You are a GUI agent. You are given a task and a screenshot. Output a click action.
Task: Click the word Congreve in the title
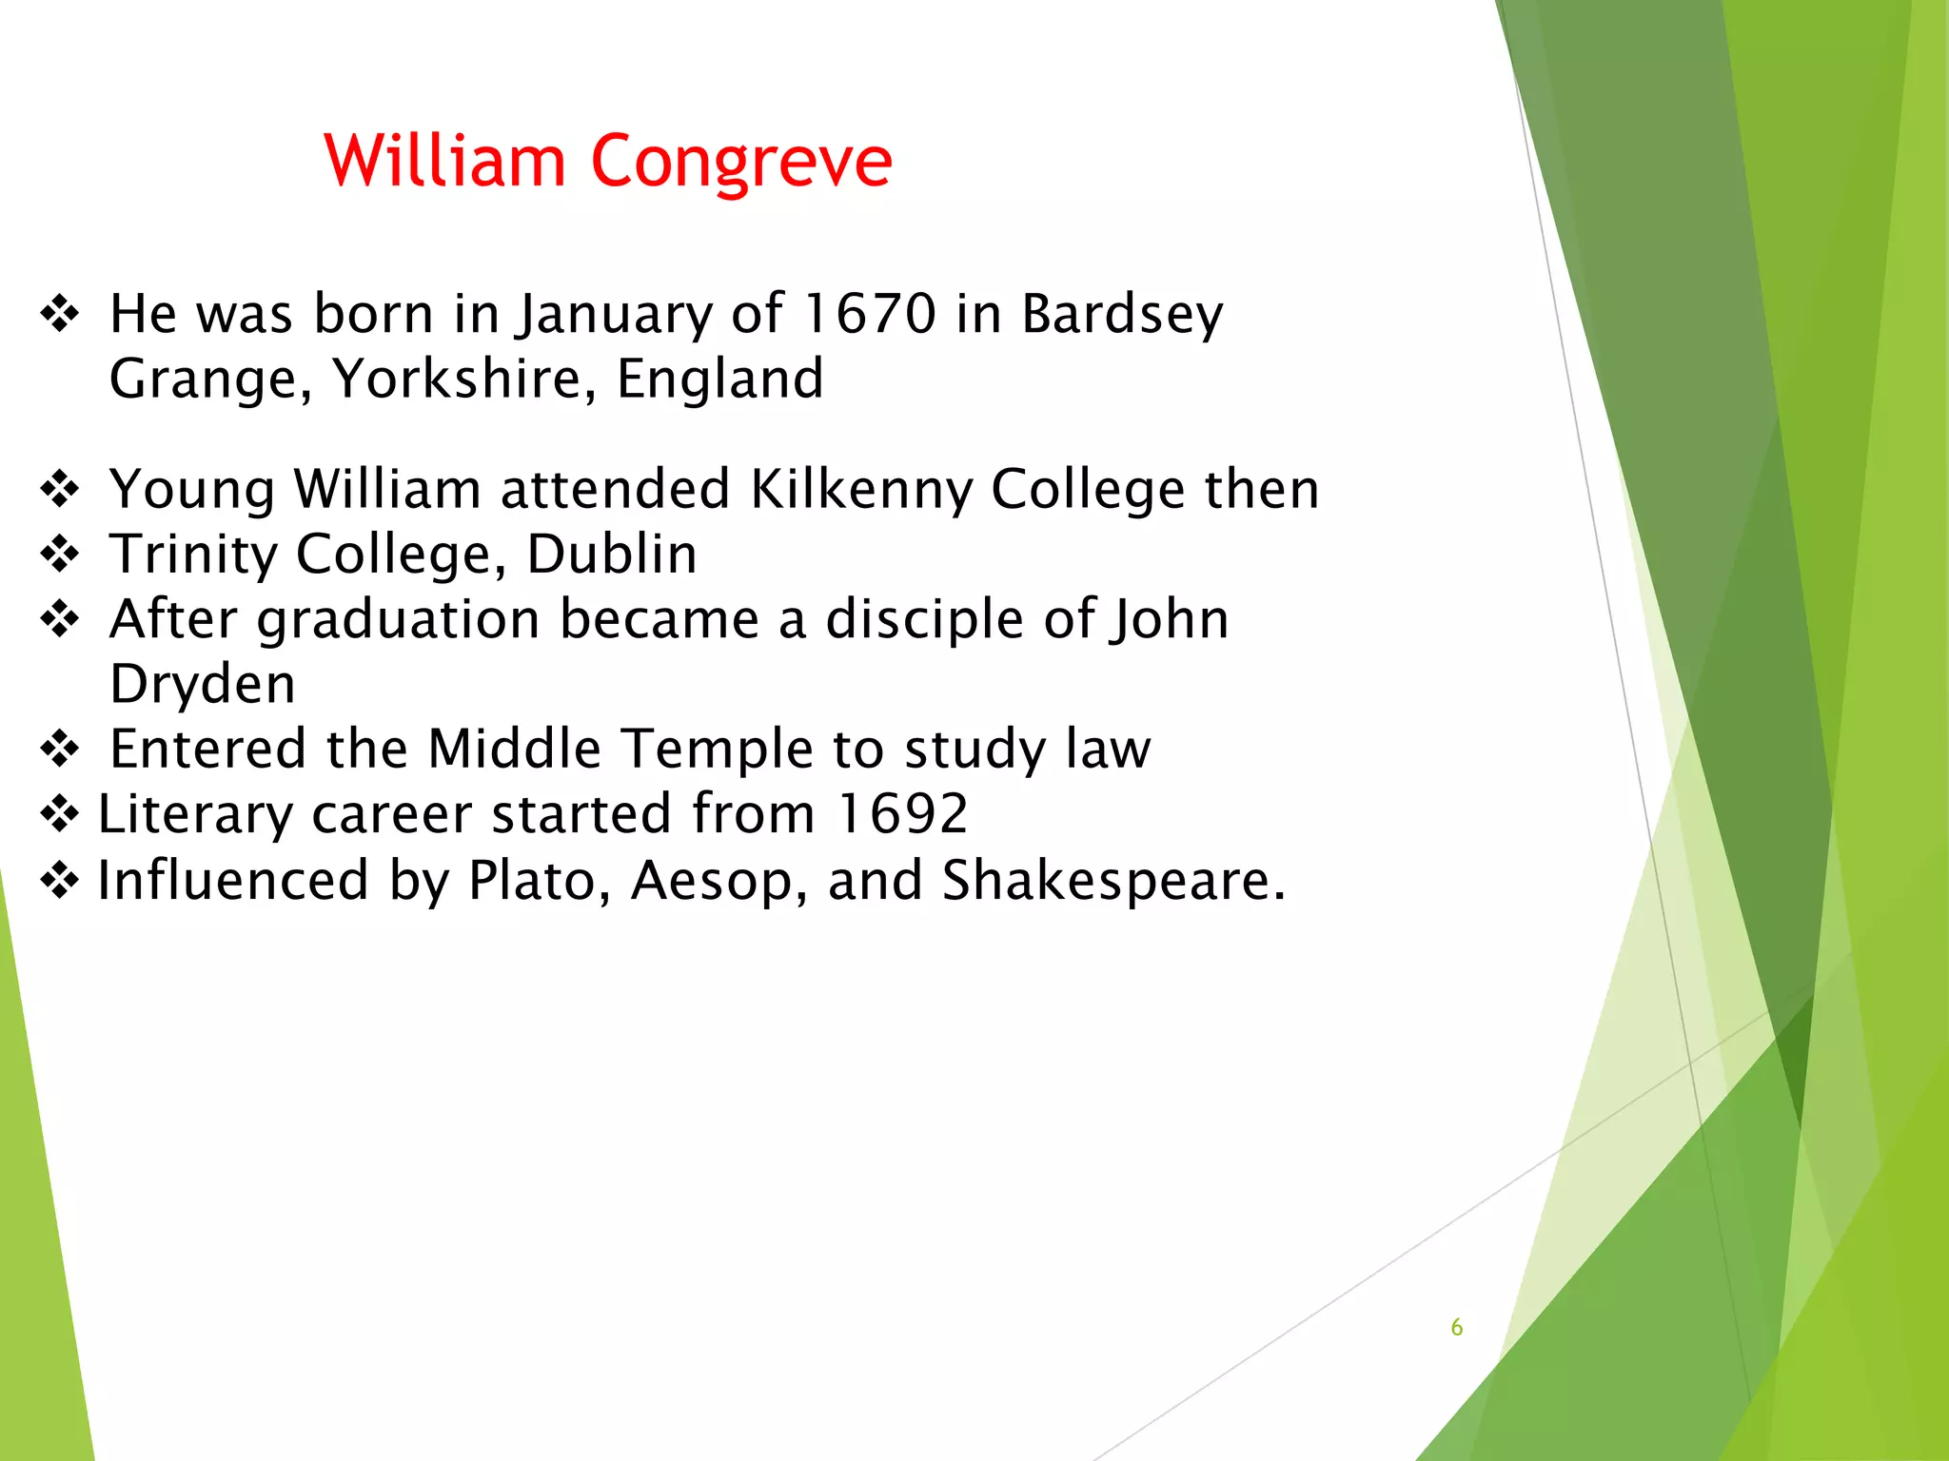[741, 162]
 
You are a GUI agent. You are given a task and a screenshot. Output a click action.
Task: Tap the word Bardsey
[1122, 314]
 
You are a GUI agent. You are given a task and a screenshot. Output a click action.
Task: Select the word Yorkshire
[463, 379]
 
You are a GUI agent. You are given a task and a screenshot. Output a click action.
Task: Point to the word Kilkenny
[860, 490]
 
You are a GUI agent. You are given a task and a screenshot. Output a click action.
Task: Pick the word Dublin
[611, 555]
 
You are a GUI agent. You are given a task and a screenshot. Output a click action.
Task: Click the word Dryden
[203, 684]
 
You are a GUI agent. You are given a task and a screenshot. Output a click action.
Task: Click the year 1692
[902, 814]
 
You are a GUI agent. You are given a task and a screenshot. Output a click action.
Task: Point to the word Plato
[539, 880]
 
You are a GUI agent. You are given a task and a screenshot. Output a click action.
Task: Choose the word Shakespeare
[1112, 880]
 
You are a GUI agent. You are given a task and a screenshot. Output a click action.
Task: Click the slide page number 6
[1456, 1328]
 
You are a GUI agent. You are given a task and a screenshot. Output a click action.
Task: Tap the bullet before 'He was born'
[60, 314]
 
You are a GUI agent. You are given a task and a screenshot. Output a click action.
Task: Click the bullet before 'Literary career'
[60, 814]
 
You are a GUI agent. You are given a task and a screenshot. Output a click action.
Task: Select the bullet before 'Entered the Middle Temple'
[60, 749]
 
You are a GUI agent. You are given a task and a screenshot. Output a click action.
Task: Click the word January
[613, 314]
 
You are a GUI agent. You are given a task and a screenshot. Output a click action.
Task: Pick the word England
[719, 379]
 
